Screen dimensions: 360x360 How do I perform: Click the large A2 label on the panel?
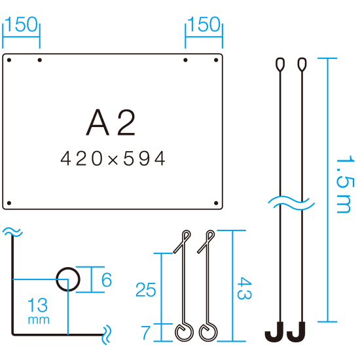point(111,122)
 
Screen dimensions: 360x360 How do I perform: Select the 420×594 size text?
point(113,158)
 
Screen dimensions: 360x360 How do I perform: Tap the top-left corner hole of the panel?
point(9,60)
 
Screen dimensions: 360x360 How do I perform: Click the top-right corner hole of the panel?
point(216,60)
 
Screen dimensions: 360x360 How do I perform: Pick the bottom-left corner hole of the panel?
point(9,203)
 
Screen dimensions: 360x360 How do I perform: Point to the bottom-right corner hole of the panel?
point(216,203)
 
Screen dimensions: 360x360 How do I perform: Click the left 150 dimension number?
point(21,24)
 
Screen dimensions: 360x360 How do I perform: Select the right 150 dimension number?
point(204,24)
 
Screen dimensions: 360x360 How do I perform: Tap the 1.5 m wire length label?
point(344,184)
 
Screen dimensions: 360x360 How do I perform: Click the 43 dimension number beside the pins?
point(244,288)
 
